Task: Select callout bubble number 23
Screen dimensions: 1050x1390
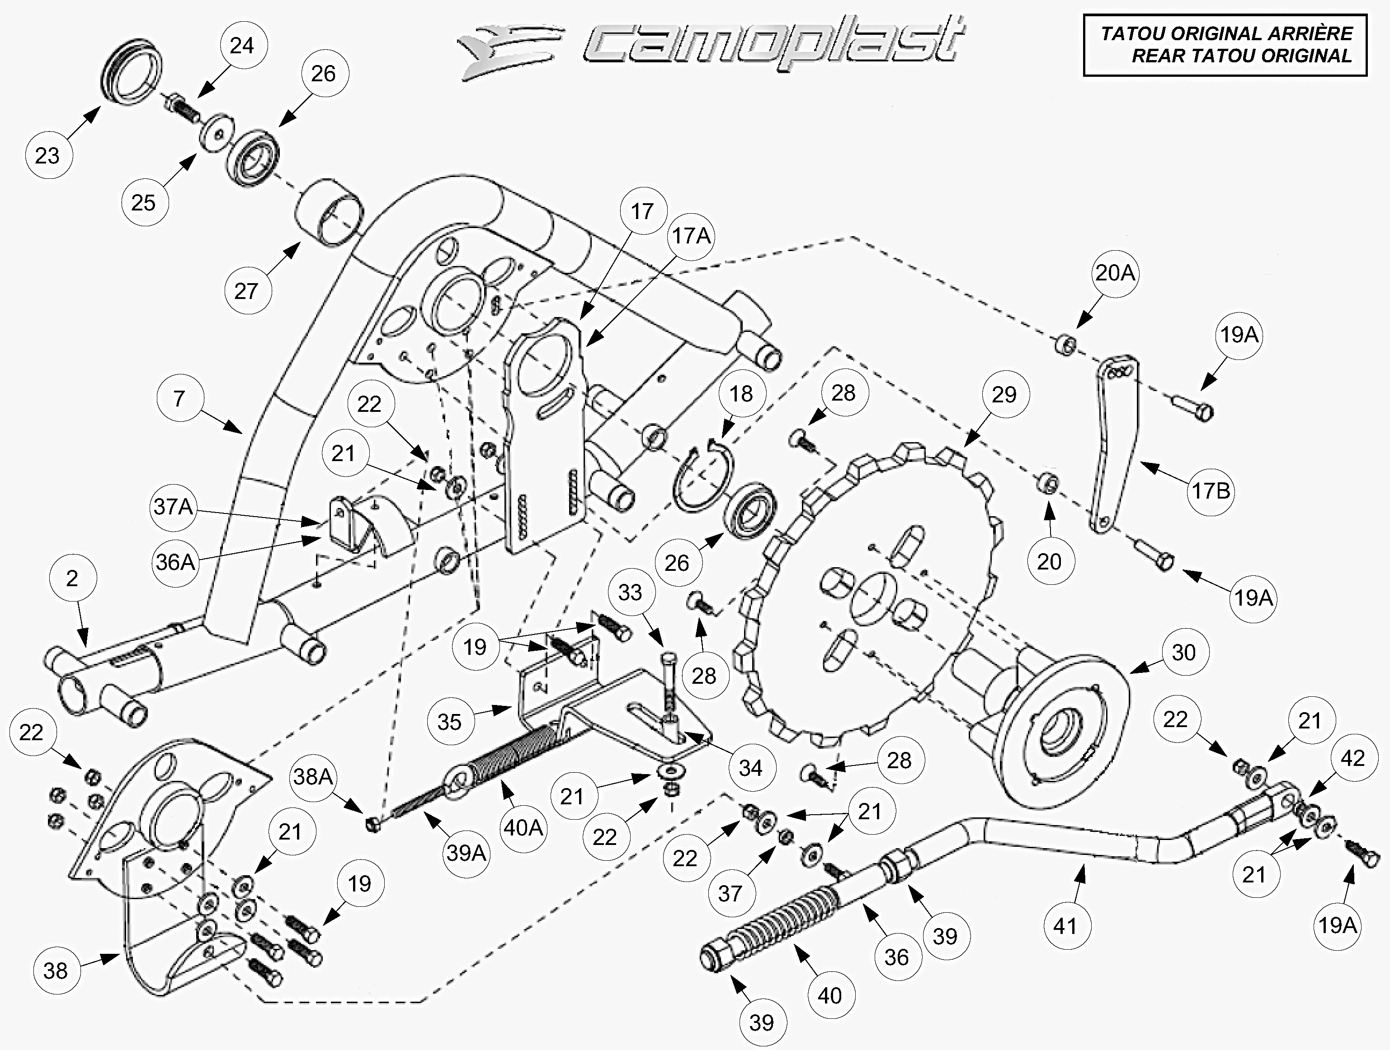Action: [47, 155]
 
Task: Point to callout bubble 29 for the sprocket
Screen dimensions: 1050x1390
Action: [1004, 394]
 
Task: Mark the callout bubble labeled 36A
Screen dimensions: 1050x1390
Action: [175, 561]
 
